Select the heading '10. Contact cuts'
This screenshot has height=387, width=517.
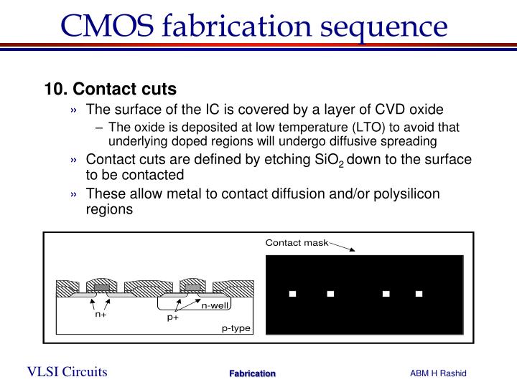[x=110, y=90]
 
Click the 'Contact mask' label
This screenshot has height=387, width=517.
[x=297, y=243]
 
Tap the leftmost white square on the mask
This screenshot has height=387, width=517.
[x=293, y=293]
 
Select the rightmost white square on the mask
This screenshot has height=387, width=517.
[x=419, y=293]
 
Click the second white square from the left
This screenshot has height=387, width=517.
[x=330, y=293]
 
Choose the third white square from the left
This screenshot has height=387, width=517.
[x=386, y=293]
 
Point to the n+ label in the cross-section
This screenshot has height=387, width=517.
[x=101, y=313]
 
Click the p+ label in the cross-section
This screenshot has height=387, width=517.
[x=173, y=317]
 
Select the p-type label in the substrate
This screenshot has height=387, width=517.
[x=236, y=328]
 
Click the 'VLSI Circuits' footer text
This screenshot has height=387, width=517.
[x=67, y=371]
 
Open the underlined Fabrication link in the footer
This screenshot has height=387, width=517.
[x=252, y=373]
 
